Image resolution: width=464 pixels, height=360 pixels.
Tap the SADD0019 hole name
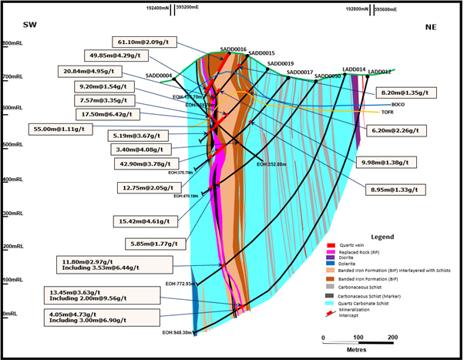point(281,63)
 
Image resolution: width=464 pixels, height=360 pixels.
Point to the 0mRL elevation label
point(11,314)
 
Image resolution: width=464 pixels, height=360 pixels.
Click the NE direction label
point(431,28)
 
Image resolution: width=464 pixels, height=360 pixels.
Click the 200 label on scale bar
point(392,338)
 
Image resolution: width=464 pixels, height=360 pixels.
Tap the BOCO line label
point(398,104)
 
